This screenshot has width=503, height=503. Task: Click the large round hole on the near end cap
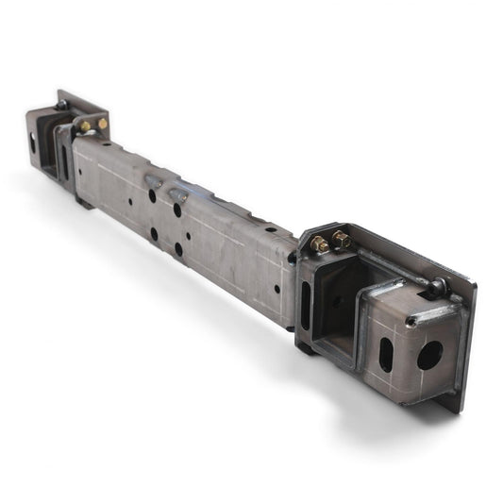click(x=429, y=355)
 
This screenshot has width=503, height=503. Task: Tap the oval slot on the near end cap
click(x=387, y=354)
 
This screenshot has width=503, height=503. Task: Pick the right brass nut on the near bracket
click(x=341, y=240)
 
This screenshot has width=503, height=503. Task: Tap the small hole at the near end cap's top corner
click(x=411, y=321)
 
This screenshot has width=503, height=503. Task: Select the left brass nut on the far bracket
click(x=85, y=126)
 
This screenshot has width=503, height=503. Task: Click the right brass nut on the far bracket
click(x=102, y=123)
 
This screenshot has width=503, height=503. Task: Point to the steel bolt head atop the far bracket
click(x=61, y=105)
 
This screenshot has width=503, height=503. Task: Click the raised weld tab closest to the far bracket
click(x=153, y=180)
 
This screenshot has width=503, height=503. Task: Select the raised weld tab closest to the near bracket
click(x=177, y=194)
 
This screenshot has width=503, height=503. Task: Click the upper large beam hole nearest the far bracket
click(x=151, y=196)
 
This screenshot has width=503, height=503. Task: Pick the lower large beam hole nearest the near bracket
click(x=177, y=249)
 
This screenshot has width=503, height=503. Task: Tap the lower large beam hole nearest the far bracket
click(x=153, y=233)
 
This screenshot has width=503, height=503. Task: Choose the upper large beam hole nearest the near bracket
click(x=177, y=210)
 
